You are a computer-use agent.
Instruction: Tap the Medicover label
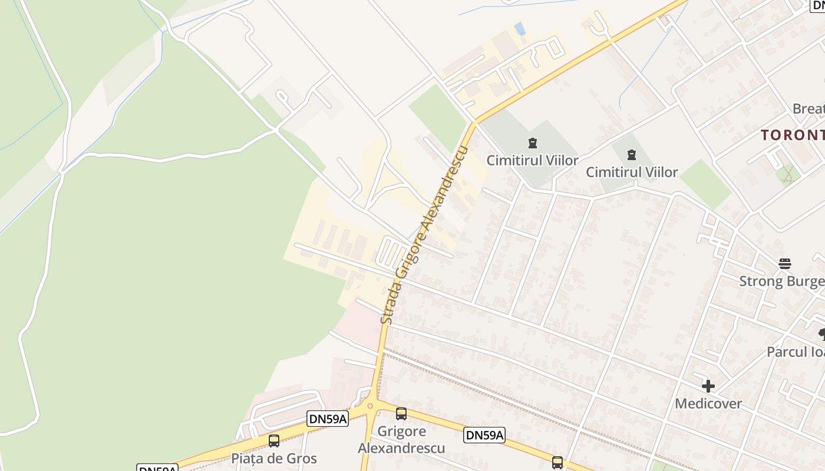(708, 404)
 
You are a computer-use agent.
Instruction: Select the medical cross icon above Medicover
(708, 386)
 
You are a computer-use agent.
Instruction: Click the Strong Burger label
(781, 281)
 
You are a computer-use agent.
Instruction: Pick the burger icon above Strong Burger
(784, 263)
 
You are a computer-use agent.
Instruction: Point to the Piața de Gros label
(273, 458)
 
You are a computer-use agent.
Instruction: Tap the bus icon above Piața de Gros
(274, 441)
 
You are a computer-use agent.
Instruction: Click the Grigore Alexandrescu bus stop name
(401, 439)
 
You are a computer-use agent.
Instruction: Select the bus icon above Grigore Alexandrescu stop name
(401, 414)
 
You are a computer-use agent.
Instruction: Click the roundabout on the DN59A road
(370, 406)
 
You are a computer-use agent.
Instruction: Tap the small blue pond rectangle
(519, 28)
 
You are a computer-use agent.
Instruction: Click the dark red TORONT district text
(792, 135)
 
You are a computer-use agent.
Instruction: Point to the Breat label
(808, 109)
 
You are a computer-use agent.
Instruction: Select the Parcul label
(794, 351)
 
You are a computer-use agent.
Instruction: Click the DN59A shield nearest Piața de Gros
(328, 419)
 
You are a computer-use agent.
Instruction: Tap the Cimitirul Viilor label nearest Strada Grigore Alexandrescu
(532, 160)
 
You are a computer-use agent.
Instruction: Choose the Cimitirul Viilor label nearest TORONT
(632, 173)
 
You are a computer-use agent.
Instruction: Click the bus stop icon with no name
(557, 462)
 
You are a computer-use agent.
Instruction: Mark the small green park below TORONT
(787, 175)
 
